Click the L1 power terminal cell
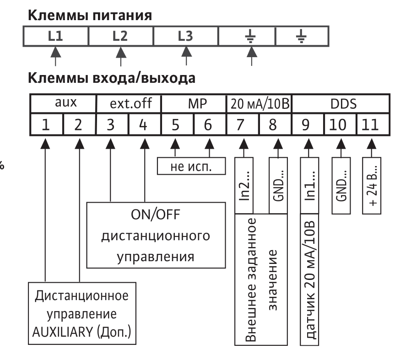(56, 36)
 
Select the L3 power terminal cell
(186, 36)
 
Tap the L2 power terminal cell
(121, 36)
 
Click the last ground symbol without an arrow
(301, 36)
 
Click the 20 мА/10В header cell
(259, 103)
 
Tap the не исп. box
(191, 166)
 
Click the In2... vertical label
(244, 186)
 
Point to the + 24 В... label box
(372, 186)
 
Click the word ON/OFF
(156, 215)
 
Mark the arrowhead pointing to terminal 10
(341, 144)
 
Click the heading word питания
(122, 16)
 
